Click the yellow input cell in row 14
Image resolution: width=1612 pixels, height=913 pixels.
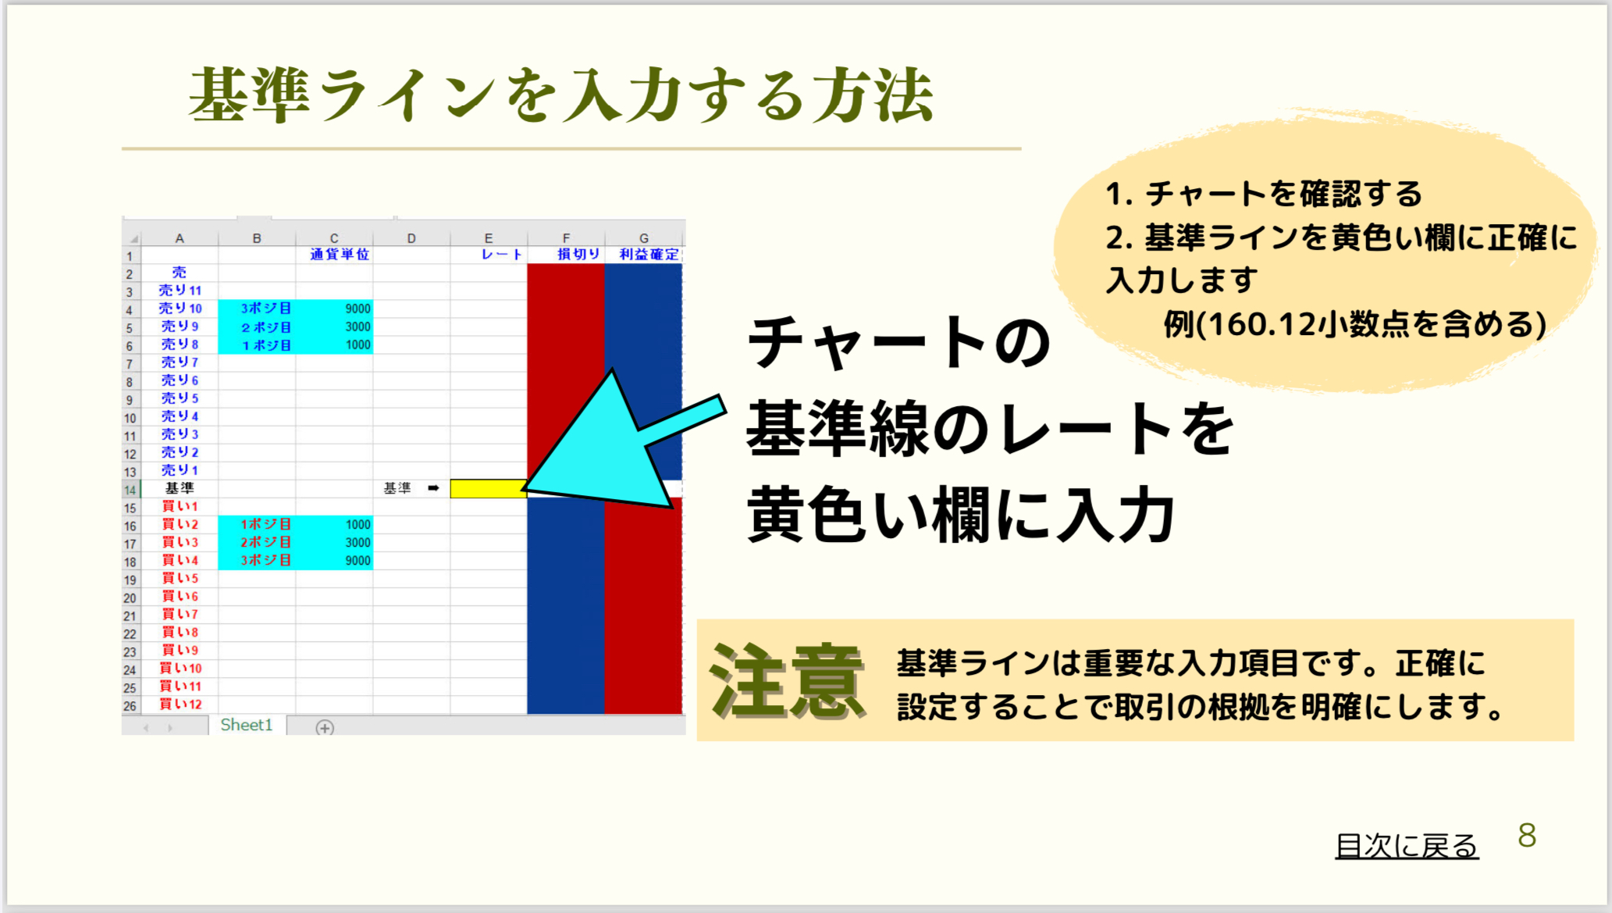[x=488, y=489]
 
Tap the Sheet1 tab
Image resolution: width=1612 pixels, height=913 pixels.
[x=247, y=726]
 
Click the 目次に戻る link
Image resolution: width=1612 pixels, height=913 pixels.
[x=1407, y=846]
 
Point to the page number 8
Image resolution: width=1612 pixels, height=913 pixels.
[x=1527, y=836]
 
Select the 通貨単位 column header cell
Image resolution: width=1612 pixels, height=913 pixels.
[x=334, y=255]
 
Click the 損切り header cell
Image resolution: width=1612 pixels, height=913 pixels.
[x=566, y=255]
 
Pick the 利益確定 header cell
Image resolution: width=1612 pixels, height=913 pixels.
[x=644, y=255]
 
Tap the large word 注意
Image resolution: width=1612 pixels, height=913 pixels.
[x=786, y=682]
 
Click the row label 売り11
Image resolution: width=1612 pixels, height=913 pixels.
[x=180, y=291]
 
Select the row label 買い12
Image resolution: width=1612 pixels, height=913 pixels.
[x=180, y=704]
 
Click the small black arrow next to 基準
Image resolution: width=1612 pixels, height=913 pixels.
[x=433, y=488]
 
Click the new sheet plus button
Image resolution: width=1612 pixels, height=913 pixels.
[x=325, y=728]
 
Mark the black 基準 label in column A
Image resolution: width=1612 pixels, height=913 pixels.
[x=180, y=488]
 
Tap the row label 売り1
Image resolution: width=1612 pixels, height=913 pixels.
[x=180, y=470]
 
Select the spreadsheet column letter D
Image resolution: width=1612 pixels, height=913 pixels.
[x=411, y=238]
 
